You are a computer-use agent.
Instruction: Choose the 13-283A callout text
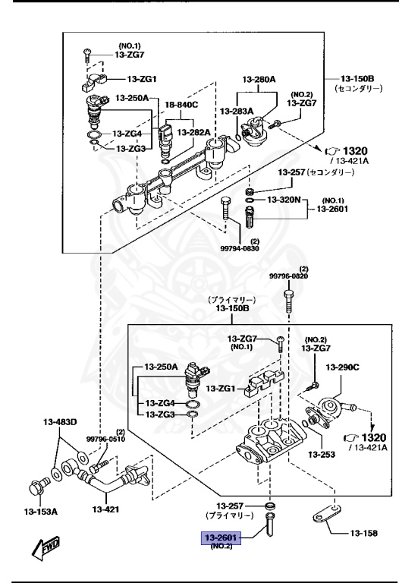click(x=237, y=112)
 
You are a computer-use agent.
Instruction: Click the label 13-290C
click(x=342, y=367)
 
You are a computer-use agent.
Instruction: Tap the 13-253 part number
click(x=322, y=455)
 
